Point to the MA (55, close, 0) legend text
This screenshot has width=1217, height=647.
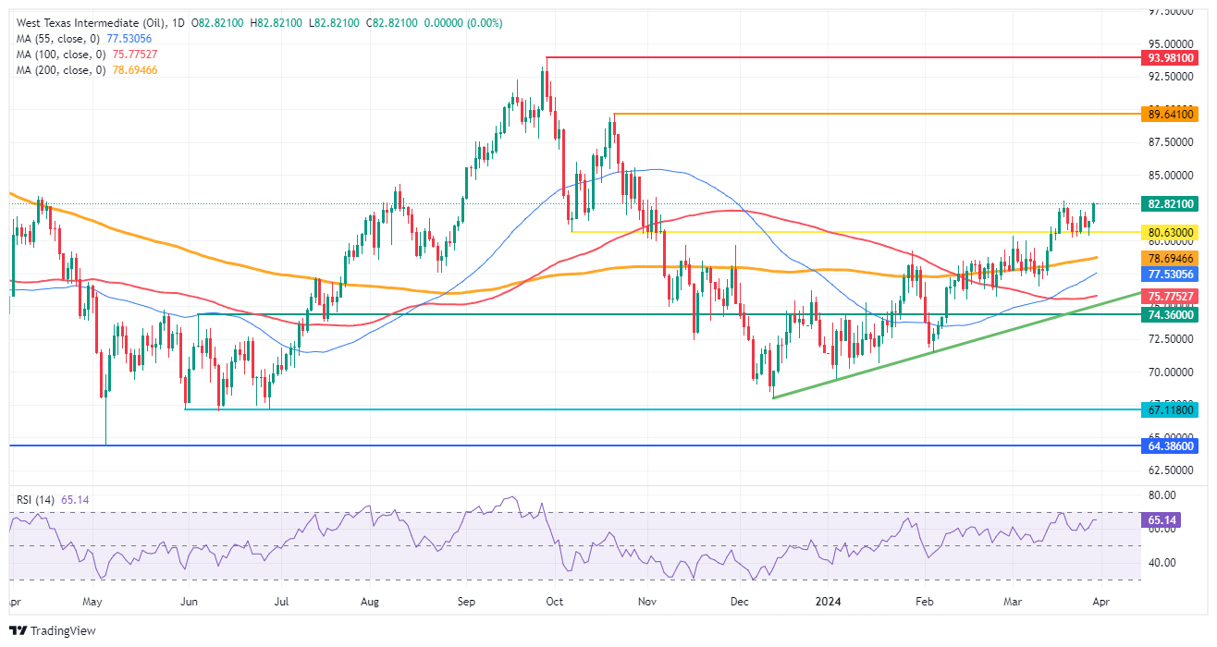(x=53, y=38)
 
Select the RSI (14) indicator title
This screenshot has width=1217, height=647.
(x=36, y=499)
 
